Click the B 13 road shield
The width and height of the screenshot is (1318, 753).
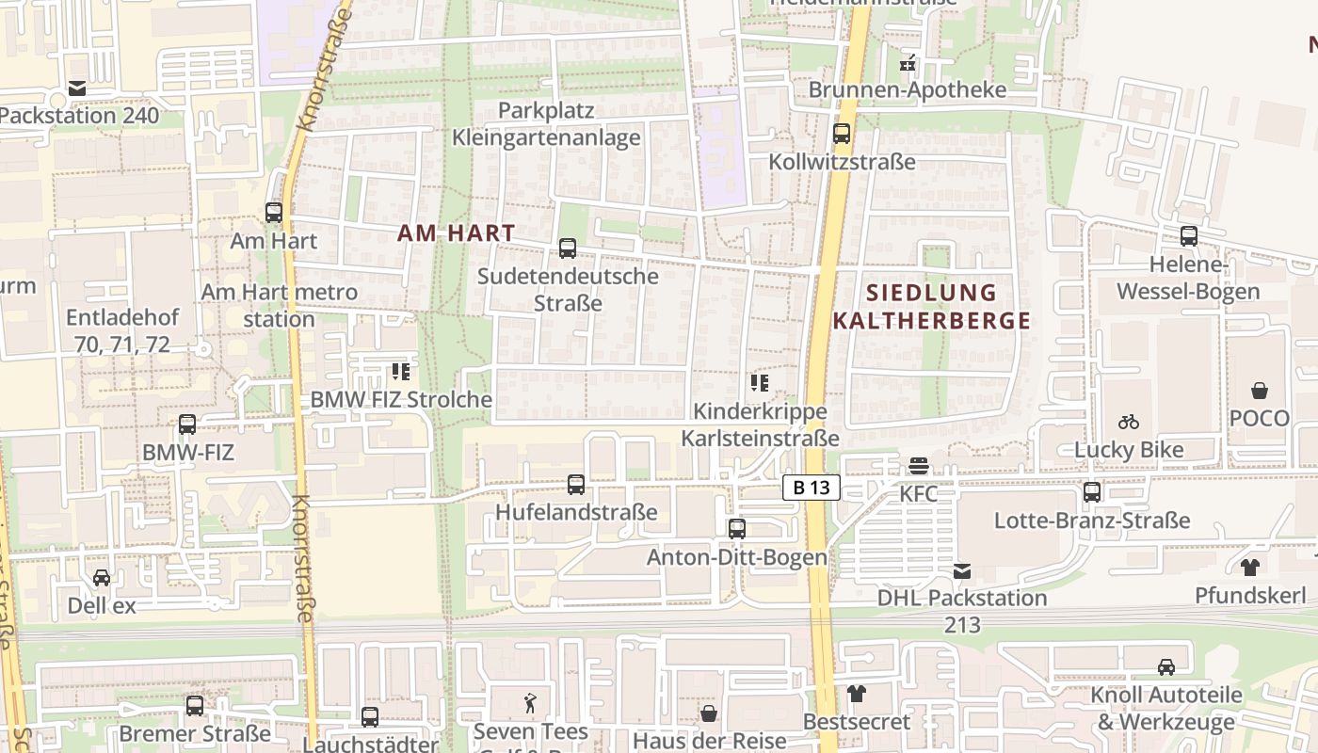(811, 488)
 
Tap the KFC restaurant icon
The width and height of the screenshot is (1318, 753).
(919, 466)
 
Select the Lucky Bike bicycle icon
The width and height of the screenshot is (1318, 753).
(1129, 422)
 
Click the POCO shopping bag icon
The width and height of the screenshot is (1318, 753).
(1259, 391)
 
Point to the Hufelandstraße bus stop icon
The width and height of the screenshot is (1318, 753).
(576, 485)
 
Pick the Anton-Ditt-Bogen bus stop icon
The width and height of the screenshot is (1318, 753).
(737, 529)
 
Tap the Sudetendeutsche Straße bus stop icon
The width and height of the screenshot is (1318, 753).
(568, 248)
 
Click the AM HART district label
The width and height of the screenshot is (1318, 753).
(457, 232)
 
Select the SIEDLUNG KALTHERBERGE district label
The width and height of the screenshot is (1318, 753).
(932, 306)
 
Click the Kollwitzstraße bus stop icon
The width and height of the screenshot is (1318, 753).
(842, 134)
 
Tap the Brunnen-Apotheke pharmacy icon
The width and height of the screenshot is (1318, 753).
(908, 63)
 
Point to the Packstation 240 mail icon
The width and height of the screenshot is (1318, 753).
(77, 88)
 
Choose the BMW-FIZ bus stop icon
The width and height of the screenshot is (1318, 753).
(187, 425)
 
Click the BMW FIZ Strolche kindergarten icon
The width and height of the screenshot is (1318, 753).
(401, 372)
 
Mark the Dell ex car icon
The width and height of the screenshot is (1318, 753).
(102, 577)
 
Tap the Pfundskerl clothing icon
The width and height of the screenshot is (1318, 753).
(1250, 567)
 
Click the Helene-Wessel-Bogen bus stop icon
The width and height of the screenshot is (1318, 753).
(1189, 236)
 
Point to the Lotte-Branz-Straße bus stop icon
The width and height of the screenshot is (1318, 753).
(1092, 491)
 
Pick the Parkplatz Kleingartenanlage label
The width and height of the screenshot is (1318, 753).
(546, 123)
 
